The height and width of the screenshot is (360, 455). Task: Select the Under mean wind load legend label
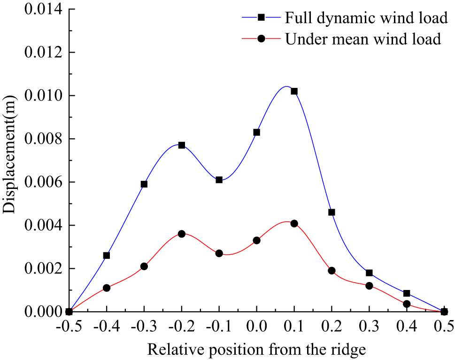point(362,39)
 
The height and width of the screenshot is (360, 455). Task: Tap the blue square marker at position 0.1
point(294,91)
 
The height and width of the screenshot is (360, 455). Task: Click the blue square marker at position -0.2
point(182,145)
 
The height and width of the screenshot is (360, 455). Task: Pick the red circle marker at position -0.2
point(182,234)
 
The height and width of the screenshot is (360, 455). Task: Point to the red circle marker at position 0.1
point(294,223)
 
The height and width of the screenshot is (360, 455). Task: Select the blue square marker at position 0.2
point(332,212)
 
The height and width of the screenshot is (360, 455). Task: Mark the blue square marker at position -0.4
point(107,255)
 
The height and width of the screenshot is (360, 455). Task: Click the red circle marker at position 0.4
point(407,304)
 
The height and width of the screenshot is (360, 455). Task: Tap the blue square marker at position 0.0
point(256,132)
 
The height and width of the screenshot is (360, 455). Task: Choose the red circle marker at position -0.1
point(219,253)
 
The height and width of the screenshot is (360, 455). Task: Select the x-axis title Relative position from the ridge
point(256,349)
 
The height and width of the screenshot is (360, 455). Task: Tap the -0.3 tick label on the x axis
point(144,326)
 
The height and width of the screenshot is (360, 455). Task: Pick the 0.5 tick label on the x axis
point(444,326)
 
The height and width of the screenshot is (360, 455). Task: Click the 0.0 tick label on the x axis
point(256,326)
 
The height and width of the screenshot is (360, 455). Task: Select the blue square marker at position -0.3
point(144,184)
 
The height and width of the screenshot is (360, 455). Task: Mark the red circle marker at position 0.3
point(369,286)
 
